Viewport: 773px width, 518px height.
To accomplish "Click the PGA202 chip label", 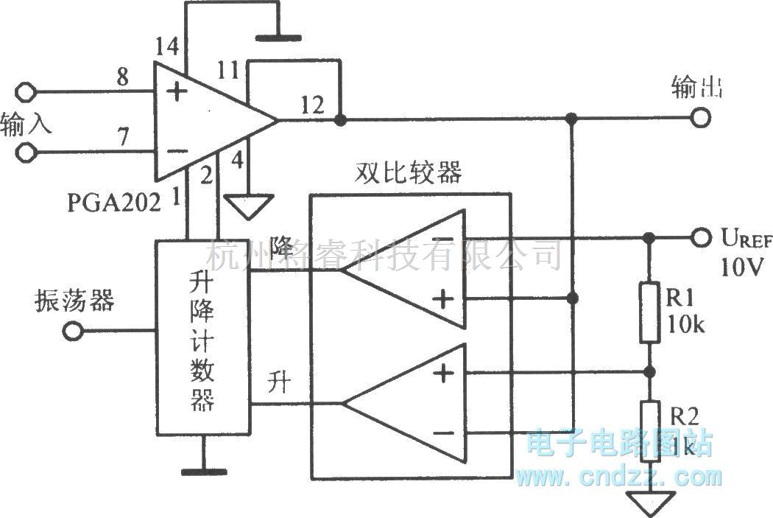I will pos(114,202).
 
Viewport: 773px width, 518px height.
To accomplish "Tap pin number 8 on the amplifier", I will pos(122,76).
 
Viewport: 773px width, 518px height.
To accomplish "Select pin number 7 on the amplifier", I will pos(122,137).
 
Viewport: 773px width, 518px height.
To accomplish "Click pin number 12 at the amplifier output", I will pos(312,105).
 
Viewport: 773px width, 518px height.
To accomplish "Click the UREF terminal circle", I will pos(702,238).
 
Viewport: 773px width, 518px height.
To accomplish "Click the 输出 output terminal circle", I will pos(702,118).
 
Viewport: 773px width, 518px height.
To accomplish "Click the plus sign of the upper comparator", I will pos(442,298).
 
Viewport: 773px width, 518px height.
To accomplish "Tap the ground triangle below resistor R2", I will pos(649,504).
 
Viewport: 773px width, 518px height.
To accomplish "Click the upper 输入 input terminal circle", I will pos(27,92).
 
